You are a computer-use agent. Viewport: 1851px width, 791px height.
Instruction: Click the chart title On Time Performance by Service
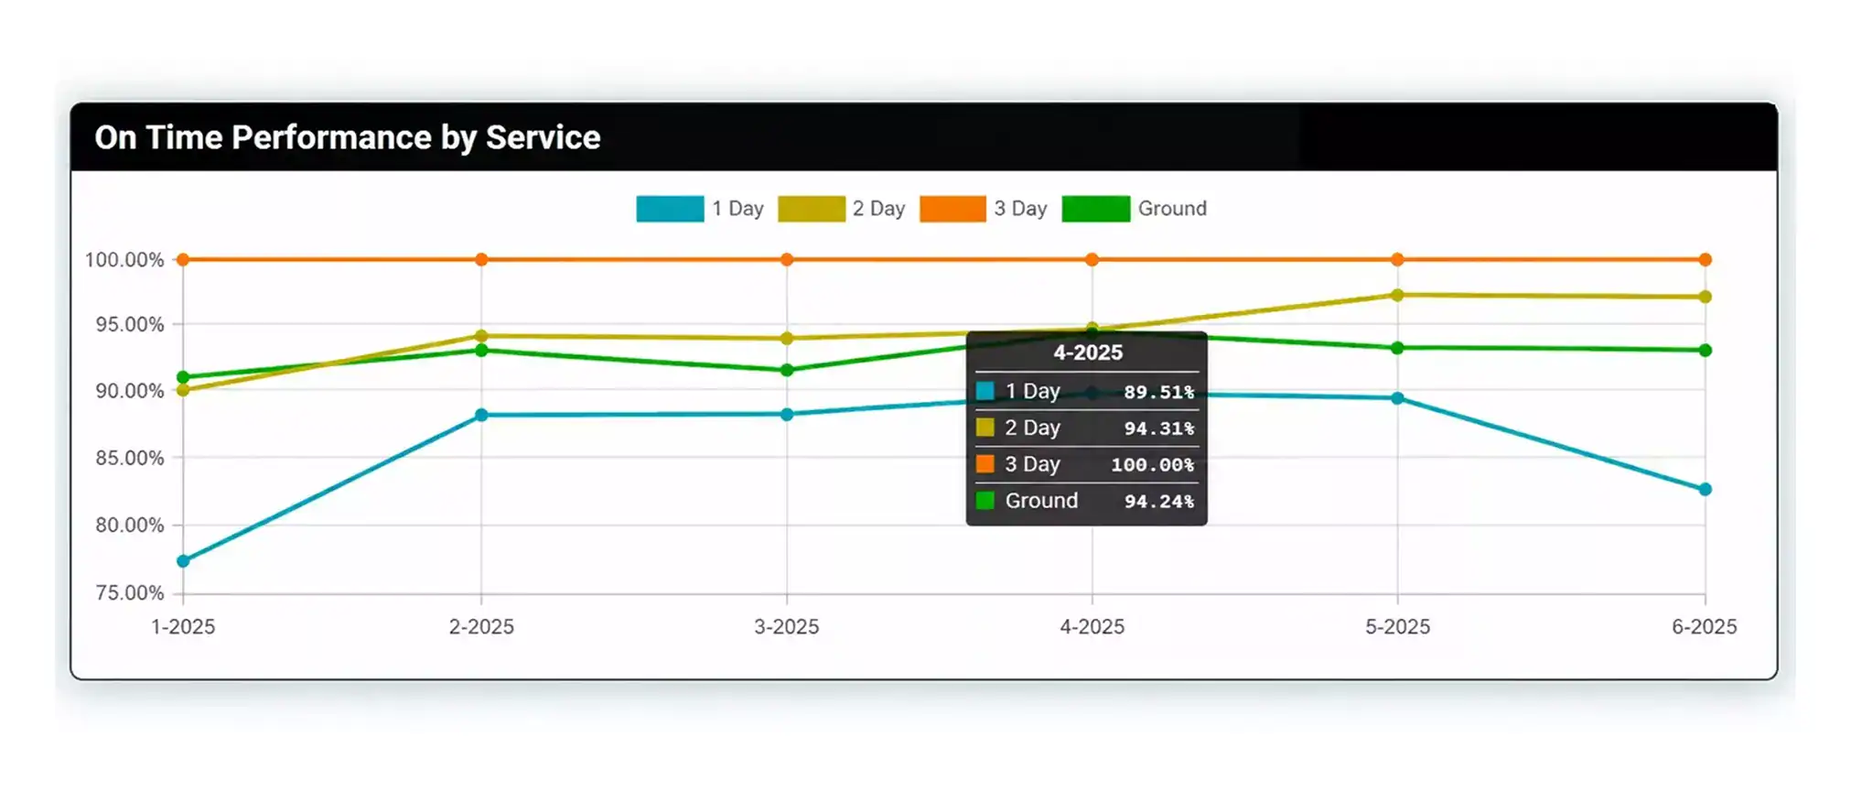pos(348,137)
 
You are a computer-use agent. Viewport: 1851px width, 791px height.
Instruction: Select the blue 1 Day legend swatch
pos(670,209)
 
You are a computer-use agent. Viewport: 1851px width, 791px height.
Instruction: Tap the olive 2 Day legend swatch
pos(812,209)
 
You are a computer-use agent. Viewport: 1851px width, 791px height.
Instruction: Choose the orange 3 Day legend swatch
pos(952,209)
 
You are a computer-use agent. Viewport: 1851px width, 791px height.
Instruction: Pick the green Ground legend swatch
pos(1095,209)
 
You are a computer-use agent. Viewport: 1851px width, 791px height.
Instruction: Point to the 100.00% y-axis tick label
pos(124,260)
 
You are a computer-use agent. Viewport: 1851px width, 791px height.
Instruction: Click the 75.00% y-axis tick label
pos(130,593)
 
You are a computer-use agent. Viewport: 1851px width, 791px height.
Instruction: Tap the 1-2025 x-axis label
pos(183,627)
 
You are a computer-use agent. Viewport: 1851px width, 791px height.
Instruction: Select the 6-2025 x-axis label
pos(1704,627)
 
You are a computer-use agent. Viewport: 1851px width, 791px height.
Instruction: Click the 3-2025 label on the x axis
pos(787,627)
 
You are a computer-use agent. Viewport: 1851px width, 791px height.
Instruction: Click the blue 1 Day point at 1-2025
pos(183,561)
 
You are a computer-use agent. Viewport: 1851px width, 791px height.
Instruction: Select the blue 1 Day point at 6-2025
pos(1705,490)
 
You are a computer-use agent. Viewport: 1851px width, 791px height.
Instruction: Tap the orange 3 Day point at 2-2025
pos(481,260)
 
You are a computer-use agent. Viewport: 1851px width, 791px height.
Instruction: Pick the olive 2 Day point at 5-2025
pos(1397,296)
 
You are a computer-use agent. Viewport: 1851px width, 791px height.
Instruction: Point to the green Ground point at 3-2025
pos(787,371)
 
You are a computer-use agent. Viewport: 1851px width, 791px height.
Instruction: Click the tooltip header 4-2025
pos(1087,352)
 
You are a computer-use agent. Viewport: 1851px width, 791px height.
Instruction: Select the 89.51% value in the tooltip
pos(1158,392)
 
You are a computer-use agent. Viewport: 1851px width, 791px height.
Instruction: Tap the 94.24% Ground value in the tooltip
pos(1158,502)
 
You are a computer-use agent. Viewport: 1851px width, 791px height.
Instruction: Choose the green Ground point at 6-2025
pos(1705,351)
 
